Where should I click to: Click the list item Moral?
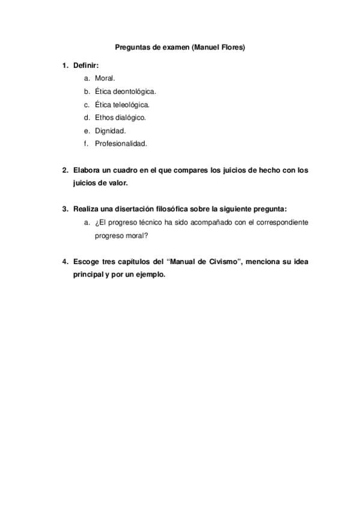[105, 79]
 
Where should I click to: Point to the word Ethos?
[104, 117]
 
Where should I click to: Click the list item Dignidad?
[110, 131]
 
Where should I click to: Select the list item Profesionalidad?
[121, 144]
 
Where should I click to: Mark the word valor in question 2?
[117, 183]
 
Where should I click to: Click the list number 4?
[64, 262]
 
